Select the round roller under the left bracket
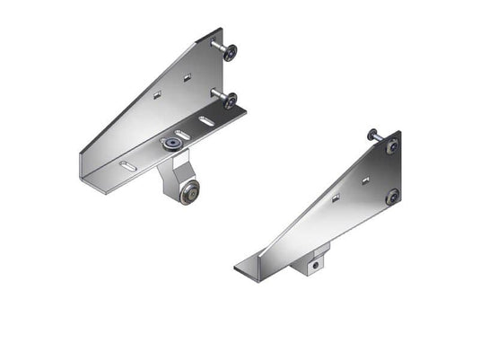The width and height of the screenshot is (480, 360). click(190, 195)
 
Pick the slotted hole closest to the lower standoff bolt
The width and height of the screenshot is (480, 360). click(206, 119)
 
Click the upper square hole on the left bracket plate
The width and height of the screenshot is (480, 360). click(187, 78)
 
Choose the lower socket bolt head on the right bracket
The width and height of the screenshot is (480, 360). click(392, 197)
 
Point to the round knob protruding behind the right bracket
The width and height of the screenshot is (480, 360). click(372, 136)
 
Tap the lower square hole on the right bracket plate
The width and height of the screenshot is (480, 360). click(334, 199)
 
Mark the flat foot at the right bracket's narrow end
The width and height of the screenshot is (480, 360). click(248, 268)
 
